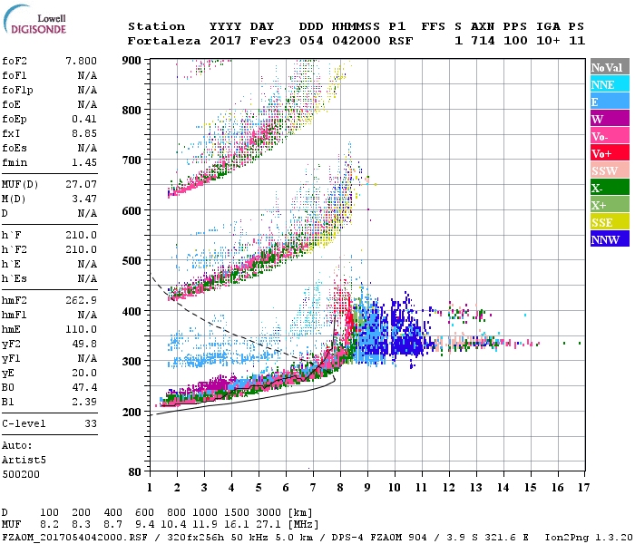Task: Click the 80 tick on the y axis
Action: tap(134, 471)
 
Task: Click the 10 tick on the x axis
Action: tap(394, 488)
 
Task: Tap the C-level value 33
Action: tap(91, 423)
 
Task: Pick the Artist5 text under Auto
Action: tap(24, 460)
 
